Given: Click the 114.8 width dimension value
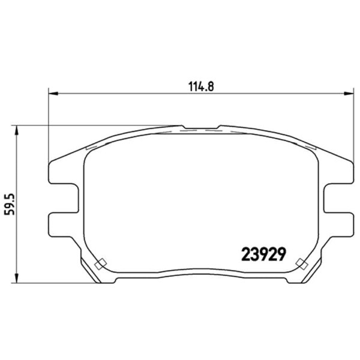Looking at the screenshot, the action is coord(201,86).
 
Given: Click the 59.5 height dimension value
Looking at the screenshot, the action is coord(10,205).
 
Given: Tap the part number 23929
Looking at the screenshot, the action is coord(264,254).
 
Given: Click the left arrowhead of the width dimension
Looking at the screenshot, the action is coord(53,94).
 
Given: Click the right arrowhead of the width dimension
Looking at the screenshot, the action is coord(348,94).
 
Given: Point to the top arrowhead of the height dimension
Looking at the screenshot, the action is coord(16,130).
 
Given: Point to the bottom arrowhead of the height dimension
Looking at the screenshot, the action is coord(16,278).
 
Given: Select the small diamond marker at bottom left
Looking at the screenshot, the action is coord(101,263).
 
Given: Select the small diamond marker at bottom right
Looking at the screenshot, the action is coord(302,263).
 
